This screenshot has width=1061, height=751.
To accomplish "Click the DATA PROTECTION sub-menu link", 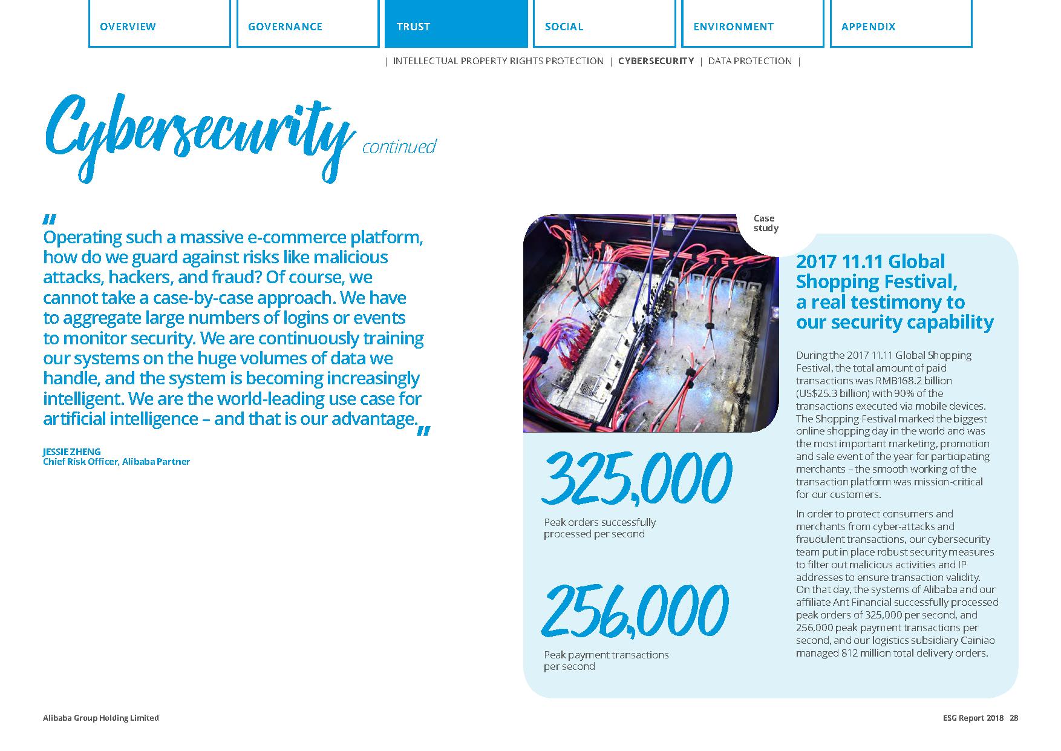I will [x=749, y=61].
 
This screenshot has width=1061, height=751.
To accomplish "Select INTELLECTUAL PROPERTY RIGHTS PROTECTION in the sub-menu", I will [x=498, y=61].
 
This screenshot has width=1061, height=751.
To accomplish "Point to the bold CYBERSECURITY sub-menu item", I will [x=656, y=61].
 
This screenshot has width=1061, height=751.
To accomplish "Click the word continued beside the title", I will [x=399, y=147].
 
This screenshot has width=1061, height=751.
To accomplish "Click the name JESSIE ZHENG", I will [x=72, y=451].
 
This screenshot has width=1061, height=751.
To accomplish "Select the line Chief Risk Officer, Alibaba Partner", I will [x=116, y=462].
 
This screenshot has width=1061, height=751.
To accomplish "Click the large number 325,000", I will [x=636, y=478].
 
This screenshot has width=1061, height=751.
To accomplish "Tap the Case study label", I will [x=765, y=223].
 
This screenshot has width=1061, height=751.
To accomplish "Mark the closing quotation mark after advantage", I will [x=423, y=431].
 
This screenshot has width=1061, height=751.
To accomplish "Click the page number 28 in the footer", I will [x=1014, y=718].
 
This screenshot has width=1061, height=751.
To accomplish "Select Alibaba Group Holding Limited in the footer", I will [x=101, y=718].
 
